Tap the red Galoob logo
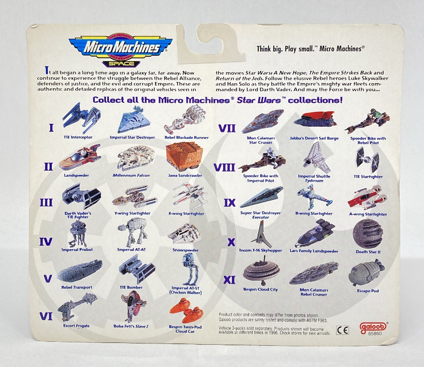pos(373,326)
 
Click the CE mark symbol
pos(343,330)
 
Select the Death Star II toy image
pos(368,234)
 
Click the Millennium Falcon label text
pos(131,175)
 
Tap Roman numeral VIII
pos(224,167)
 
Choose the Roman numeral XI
pos(230,280)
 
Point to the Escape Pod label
pos(368,291)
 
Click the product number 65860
pos(375,333)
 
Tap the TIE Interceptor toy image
pos(81,118)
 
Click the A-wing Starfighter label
pos(368,214)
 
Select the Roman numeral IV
pos(46,242)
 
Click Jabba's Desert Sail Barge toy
pos(314,120)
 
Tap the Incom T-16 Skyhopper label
pos(261,250)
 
